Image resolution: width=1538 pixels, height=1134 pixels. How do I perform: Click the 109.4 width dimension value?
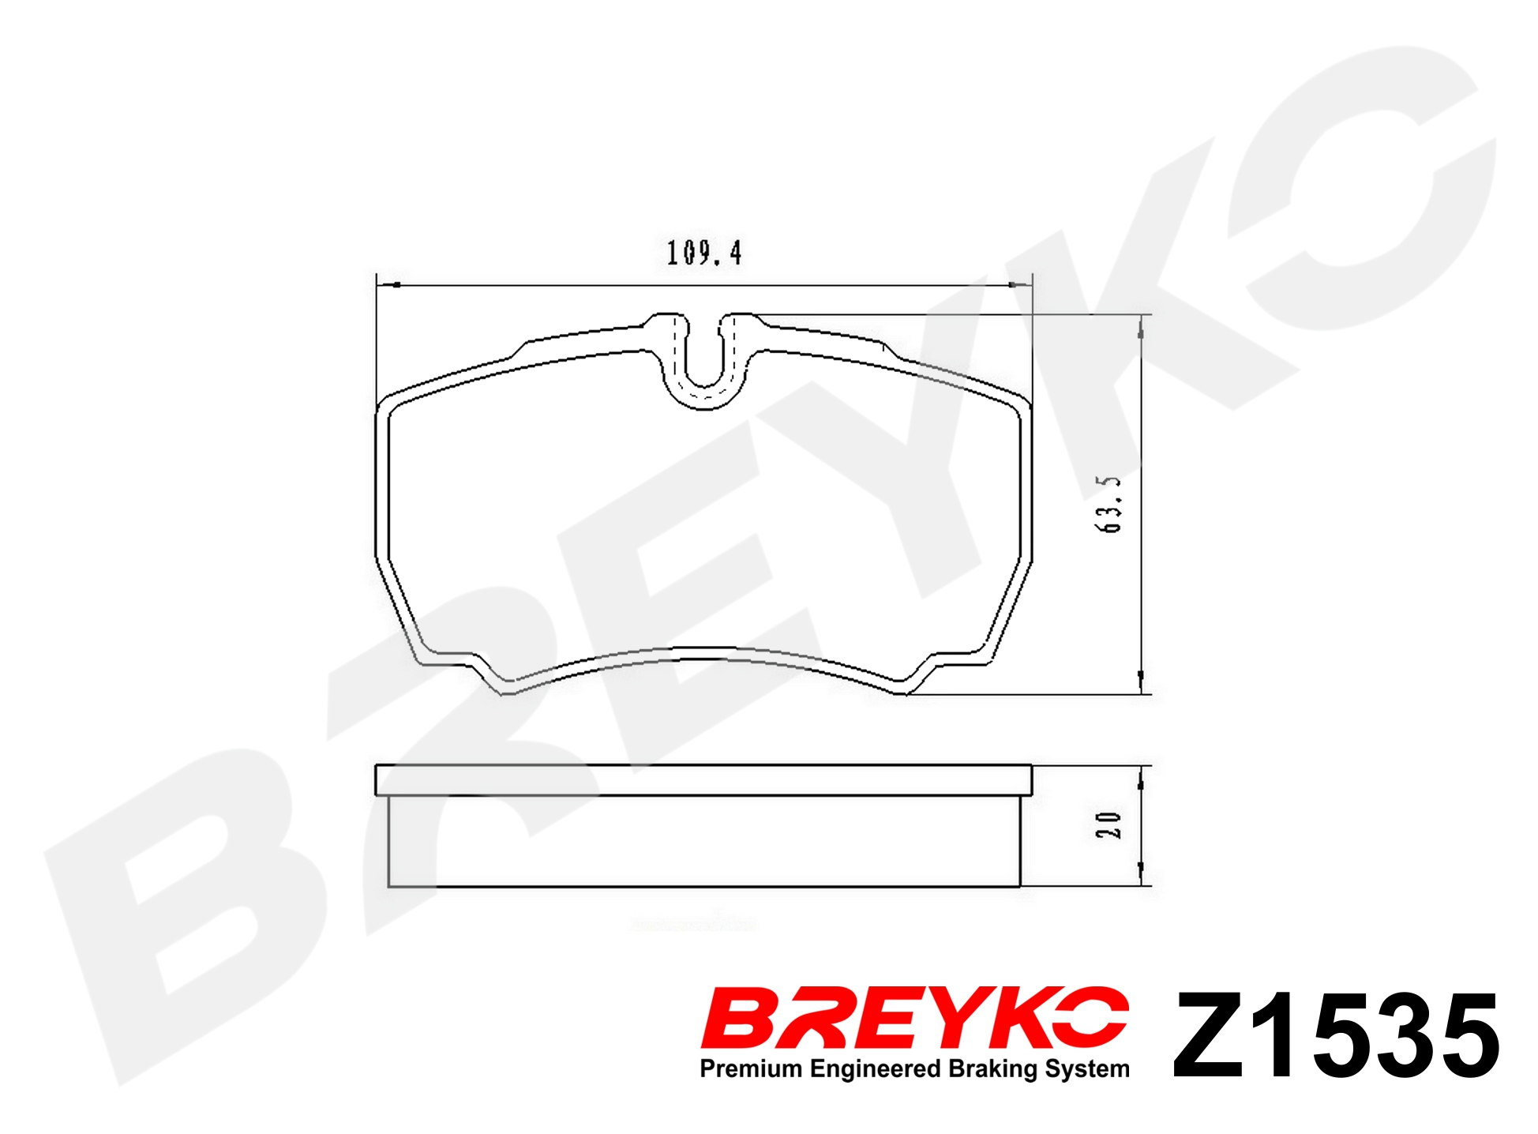(703, 253)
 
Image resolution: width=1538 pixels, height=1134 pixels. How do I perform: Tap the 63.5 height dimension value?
(1108, 504)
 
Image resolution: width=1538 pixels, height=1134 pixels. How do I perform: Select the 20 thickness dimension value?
(1108, 825)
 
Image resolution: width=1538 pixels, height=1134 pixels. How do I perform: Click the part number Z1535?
(1336, 1035)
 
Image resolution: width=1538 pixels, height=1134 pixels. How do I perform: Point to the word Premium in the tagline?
(751, 1068)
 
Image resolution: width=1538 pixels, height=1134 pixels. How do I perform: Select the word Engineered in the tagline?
(875, 1069)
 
